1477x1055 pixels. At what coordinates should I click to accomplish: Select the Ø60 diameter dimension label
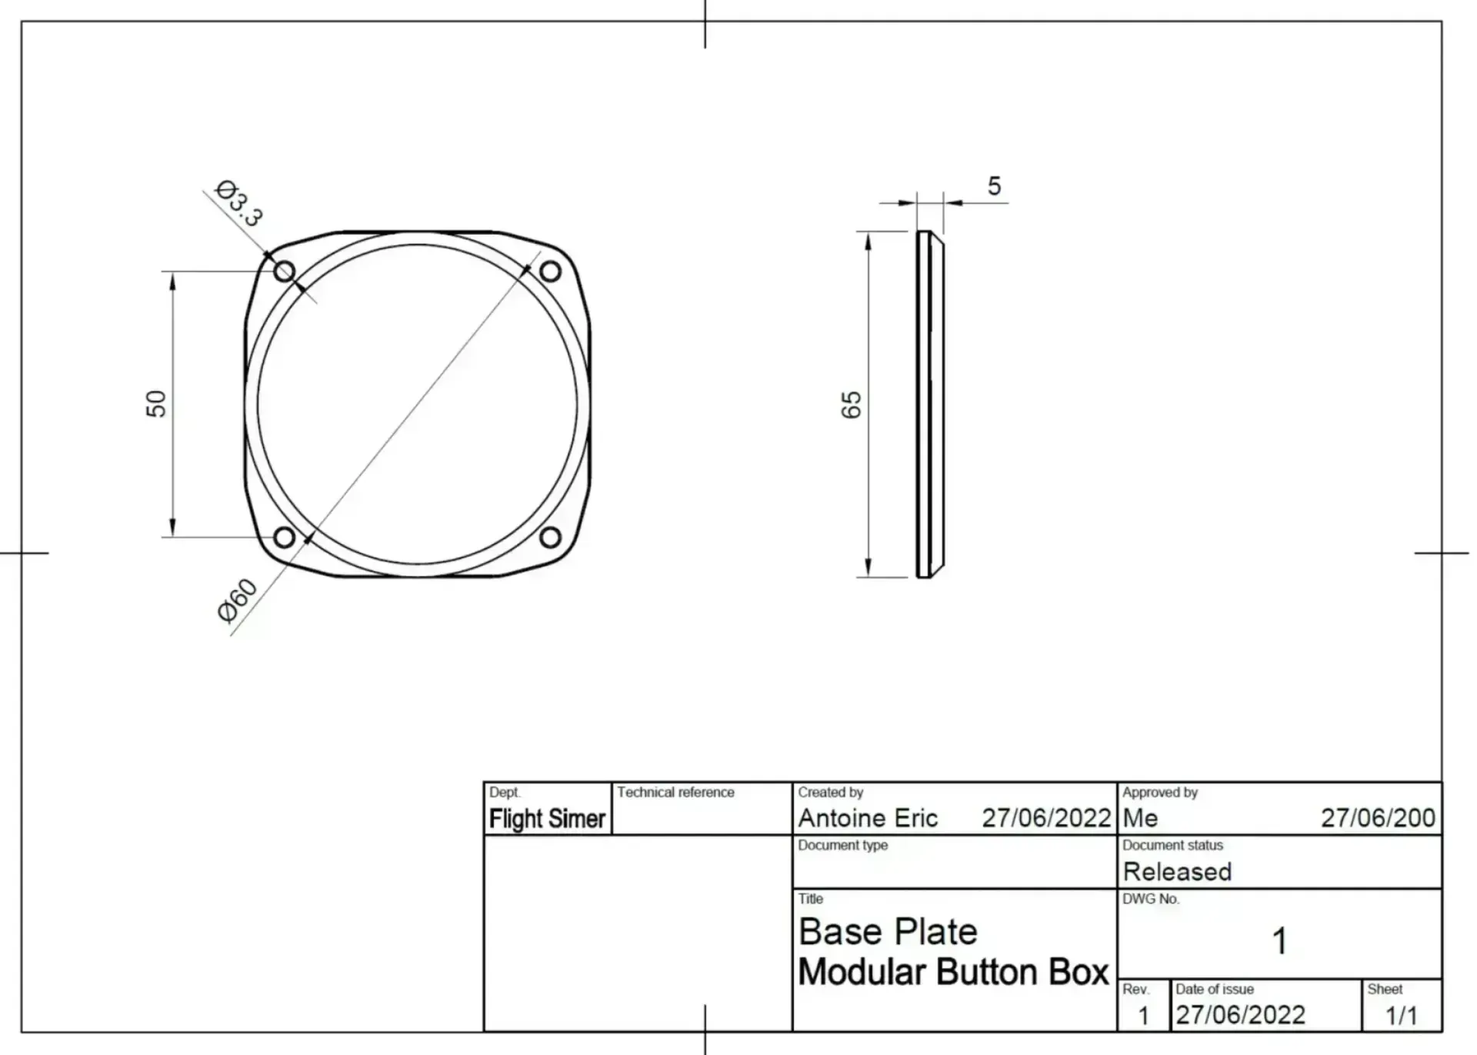pyautogui.click(x=237, y=601)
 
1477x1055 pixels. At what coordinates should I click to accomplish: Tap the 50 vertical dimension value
pyautogui.click(x=156, y=404)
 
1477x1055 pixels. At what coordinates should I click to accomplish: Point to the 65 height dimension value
pyautogui.click(x=852, y=404)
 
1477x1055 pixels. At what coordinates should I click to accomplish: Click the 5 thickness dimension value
pyautogui.click(x=994, y=186)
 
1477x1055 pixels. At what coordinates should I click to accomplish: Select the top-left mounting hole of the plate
pyautogui.click(x=285, y=271)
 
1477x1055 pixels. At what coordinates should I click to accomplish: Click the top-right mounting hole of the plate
pyautogui.click(x=550, y=271)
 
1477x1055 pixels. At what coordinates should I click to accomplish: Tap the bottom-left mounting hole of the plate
pyautogui.click(x=284, y=537)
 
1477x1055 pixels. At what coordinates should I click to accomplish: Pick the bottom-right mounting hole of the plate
pyautogui.click(x=550, y=537)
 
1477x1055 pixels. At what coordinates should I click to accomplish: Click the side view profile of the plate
pyautogui.click(x=929, y=404)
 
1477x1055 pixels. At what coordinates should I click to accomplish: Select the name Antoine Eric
pyautogui.click(x=868, y=818)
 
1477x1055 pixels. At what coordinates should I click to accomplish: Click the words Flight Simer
pyautogui.click(x=547, y=819)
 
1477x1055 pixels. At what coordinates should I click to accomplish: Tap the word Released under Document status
pyautogui.click(x=1177, y=872)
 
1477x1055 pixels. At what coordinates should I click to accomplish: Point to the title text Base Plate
pyautogui.click(x=888, y=932)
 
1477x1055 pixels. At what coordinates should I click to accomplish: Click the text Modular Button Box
pyautogui.click(x=953, y=972)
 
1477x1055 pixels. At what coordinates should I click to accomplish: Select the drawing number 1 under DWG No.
pyautogui.click(x=1279, y=941)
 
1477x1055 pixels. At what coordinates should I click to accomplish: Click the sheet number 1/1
pyautogui.click(x=1401, y=1016)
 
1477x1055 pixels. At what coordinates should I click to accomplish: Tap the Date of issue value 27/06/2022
pyautogui.click(x=1240, y=1015)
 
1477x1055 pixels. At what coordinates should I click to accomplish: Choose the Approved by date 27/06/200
pyautogui.click(x=1378, y=818)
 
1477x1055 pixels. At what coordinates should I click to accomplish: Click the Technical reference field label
pyautogui.click(x=675, y=793)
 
